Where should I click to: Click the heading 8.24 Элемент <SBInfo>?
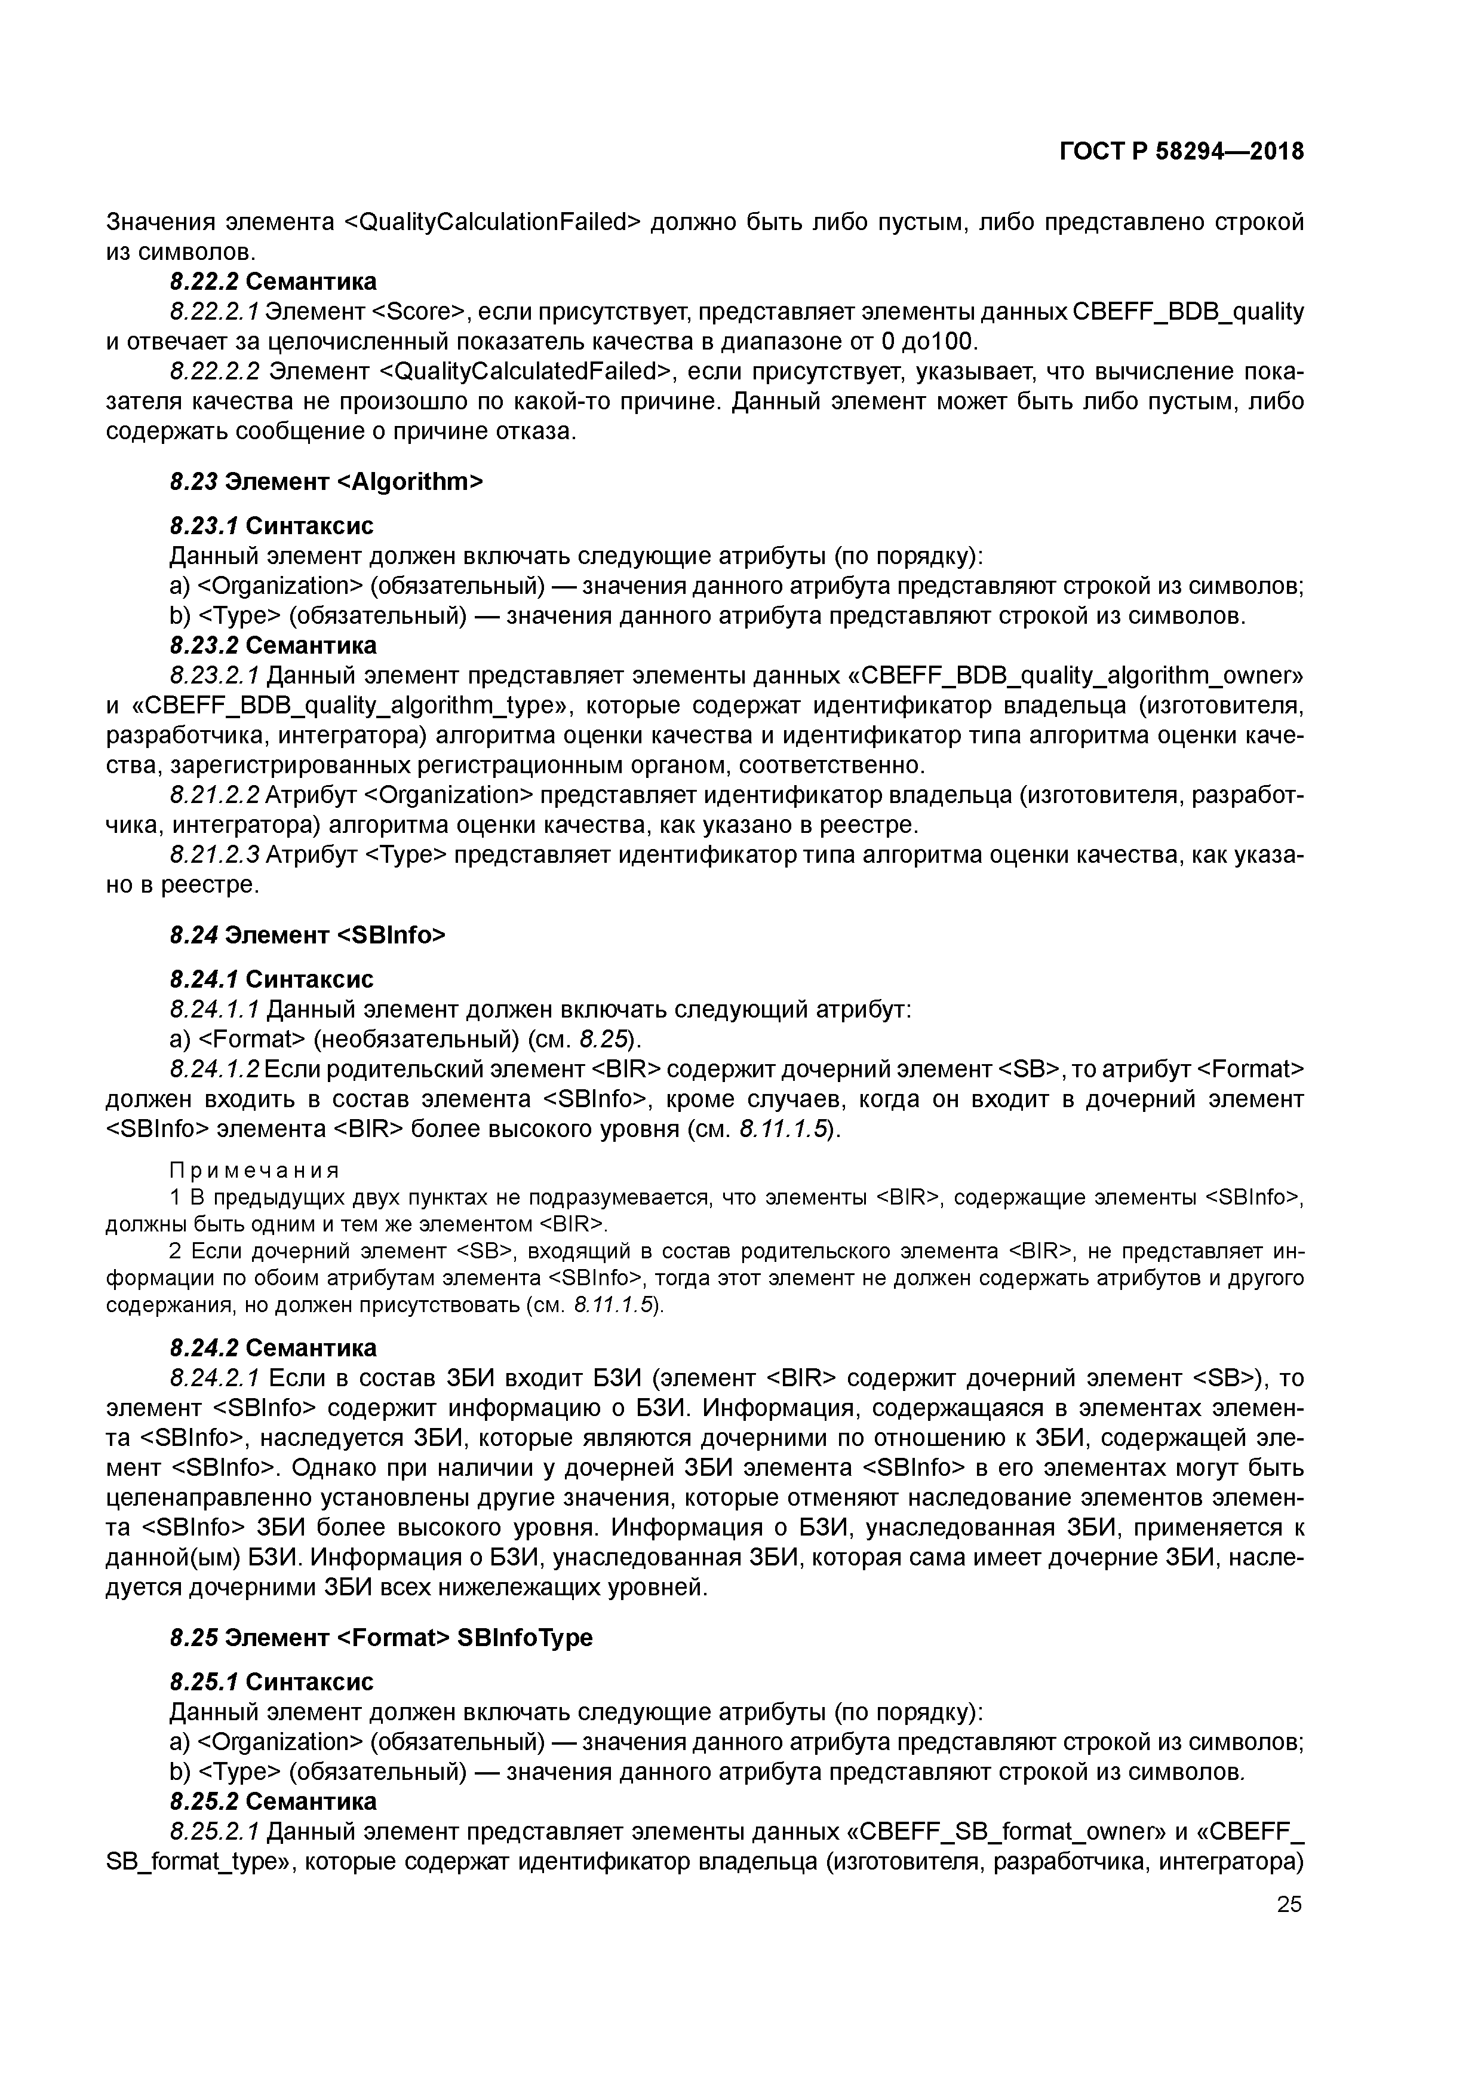click(x=308, y=935)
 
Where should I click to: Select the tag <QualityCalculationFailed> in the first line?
click(x=492, y=222)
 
